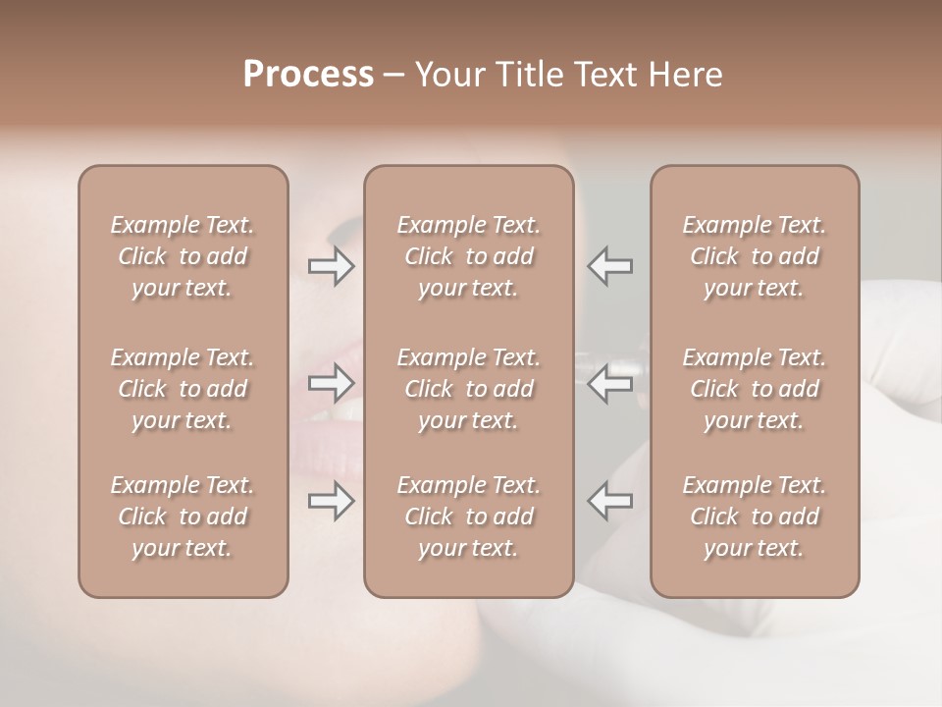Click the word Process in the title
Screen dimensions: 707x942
click(x=308, y=75)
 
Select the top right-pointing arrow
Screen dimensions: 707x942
click(x=331, y=266)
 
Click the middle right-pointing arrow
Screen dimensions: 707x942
click(x=331, y=383)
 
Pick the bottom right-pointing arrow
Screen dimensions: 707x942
click(x=331, y=501)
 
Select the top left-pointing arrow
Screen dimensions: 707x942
click(x=610, y=266)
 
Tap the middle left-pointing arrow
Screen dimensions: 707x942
click(x=610, y=383)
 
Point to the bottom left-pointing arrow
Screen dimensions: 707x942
click(x=610, y=501)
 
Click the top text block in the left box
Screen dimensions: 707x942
click(x=183, y=256)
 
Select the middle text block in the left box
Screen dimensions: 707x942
click(x=183, y=389)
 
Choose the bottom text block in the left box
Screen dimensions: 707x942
click(x=183, y=517)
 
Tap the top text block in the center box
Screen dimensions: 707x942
click(x=468, y=256)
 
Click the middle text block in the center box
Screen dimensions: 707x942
click(x=468, y=389)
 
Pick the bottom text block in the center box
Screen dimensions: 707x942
click(x=468, y=517)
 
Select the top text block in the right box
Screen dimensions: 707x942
click(x=755, y=256)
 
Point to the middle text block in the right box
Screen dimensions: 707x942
click(x=755, y=389)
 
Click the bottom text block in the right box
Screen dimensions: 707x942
click(x=755, y=517)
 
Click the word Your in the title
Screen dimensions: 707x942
click(x=447, y=75)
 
